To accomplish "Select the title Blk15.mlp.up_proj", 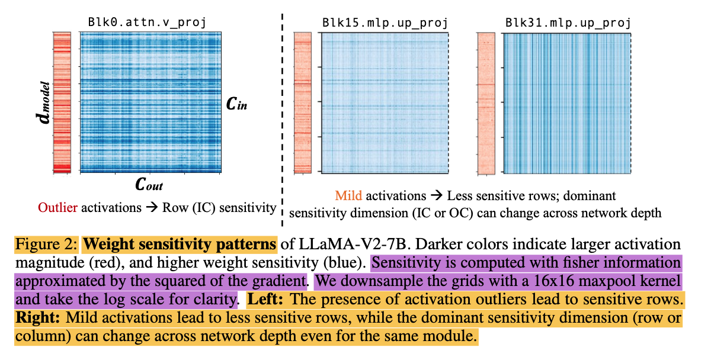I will coord(385,24).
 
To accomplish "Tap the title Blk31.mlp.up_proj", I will coord(568,24).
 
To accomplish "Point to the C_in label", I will coord(236,105).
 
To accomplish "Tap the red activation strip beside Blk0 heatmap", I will coord(62,102).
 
